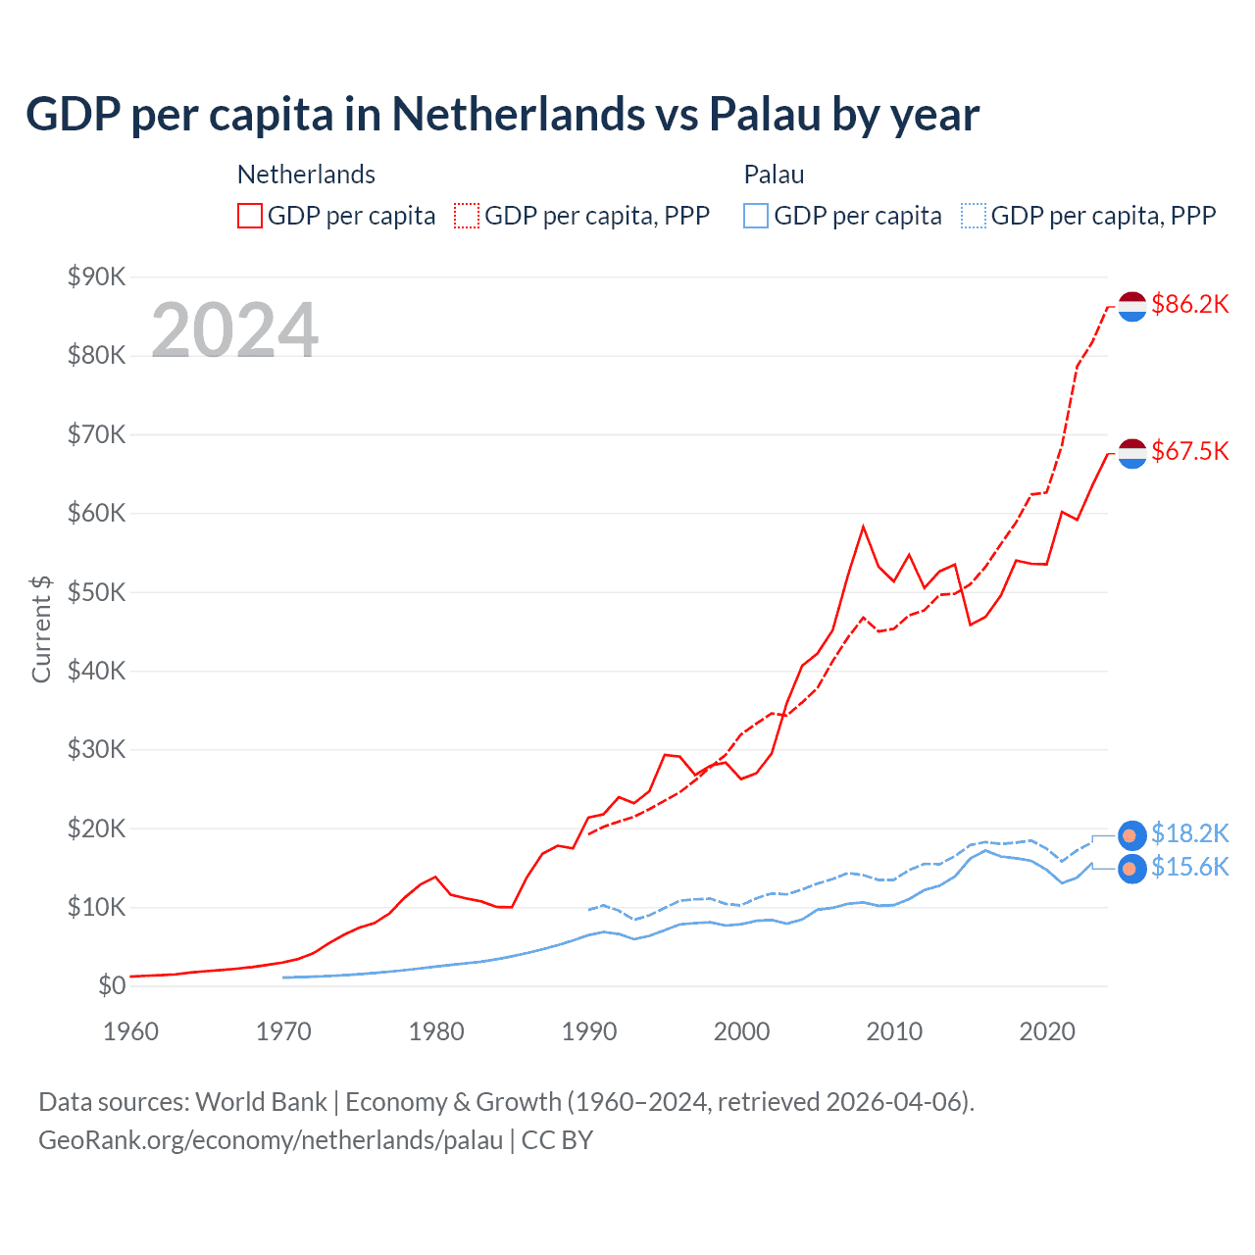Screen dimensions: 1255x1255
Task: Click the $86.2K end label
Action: (1189, 304)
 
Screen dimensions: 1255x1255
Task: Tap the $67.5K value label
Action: (1189, 451)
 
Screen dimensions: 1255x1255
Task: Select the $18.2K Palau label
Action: (1189, 833)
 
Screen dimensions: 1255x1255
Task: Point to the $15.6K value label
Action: (1189, 867)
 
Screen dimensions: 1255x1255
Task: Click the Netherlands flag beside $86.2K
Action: (1132, 306)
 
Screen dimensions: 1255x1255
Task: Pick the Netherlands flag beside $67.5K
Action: (1132, 453)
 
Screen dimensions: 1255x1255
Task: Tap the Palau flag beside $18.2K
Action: (1132, 835)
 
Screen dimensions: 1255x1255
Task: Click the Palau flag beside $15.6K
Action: (1132, 869)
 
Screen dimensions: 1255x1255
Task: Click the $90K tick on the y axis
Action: (96, 276)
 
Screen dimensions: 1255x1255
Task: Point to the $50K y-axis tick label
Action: (96, 592)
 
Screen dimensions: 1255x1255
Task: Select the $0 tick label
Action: (111, 985)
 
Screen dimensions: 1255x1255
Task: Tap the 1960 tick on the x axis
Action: (130, 1031)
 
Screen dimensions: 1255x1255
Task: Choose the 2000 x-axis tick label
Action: (741, 1031)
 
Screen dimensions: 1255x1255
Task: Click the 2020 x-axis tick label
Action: (1047, 1031)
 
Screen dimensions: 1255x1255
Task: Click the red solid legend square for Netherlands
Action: (250, 216)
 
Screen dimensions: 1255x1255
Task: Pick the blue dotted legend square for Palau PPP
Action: (974, 216)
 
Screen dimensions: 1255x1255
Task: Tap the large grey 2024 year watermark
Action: (235, 330)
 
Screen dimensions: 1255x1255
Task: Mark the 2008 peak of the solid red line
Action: (863, 527)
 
